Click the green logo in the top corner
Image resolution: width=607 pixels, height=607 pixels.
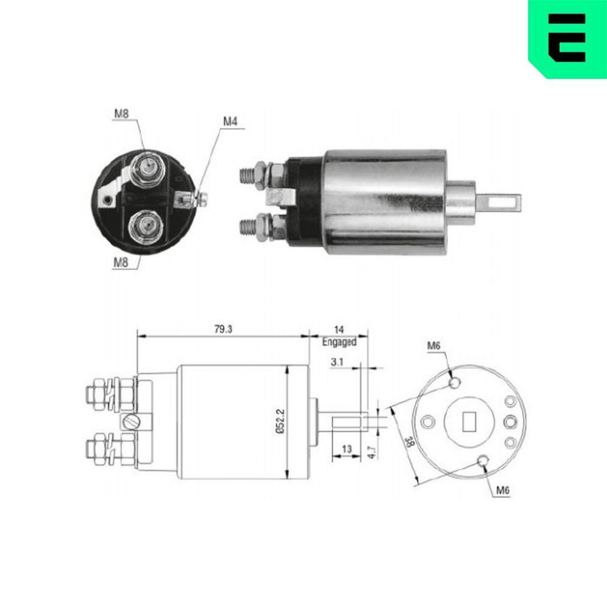tap(567, 38)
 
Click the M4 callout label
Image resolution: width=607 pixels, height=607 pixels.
tap(229, 121)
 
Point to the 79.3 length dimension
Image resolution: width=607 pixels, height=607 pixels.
tap(223, 328)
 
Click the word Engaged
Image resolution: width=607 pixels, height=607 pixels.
tap(339, 342)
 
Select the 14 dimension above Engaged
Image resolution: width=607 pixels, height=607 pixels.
tap(338, 329)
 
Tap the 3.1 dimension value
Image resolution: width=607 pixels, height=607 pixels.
tap(338, 362)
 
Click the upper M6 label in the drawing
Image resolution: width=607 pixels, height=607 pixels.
tap(433, 345)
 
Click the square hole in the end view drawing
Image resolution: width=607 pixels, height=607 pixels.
tap(469, 421)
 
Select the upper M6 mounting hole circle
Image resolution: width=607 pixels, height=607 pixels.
tap(455, 382)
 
